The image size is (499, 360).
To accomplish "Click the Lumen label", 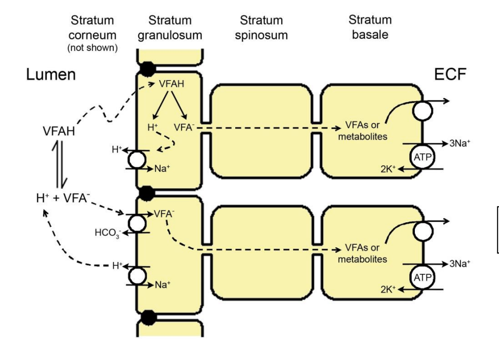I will coord(51,75).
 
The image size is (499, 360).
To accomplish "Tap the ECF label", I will coord(450,75).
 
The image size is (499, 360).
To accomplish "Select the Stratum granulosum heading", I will coord(170,28).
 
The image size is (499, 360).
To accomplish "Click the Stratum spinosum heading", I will coord(264,28).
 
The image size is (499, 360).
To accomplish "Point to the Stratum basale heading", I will coord(370,28).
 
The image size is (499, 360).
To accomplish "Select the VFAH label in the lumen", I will coord(59,132).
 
